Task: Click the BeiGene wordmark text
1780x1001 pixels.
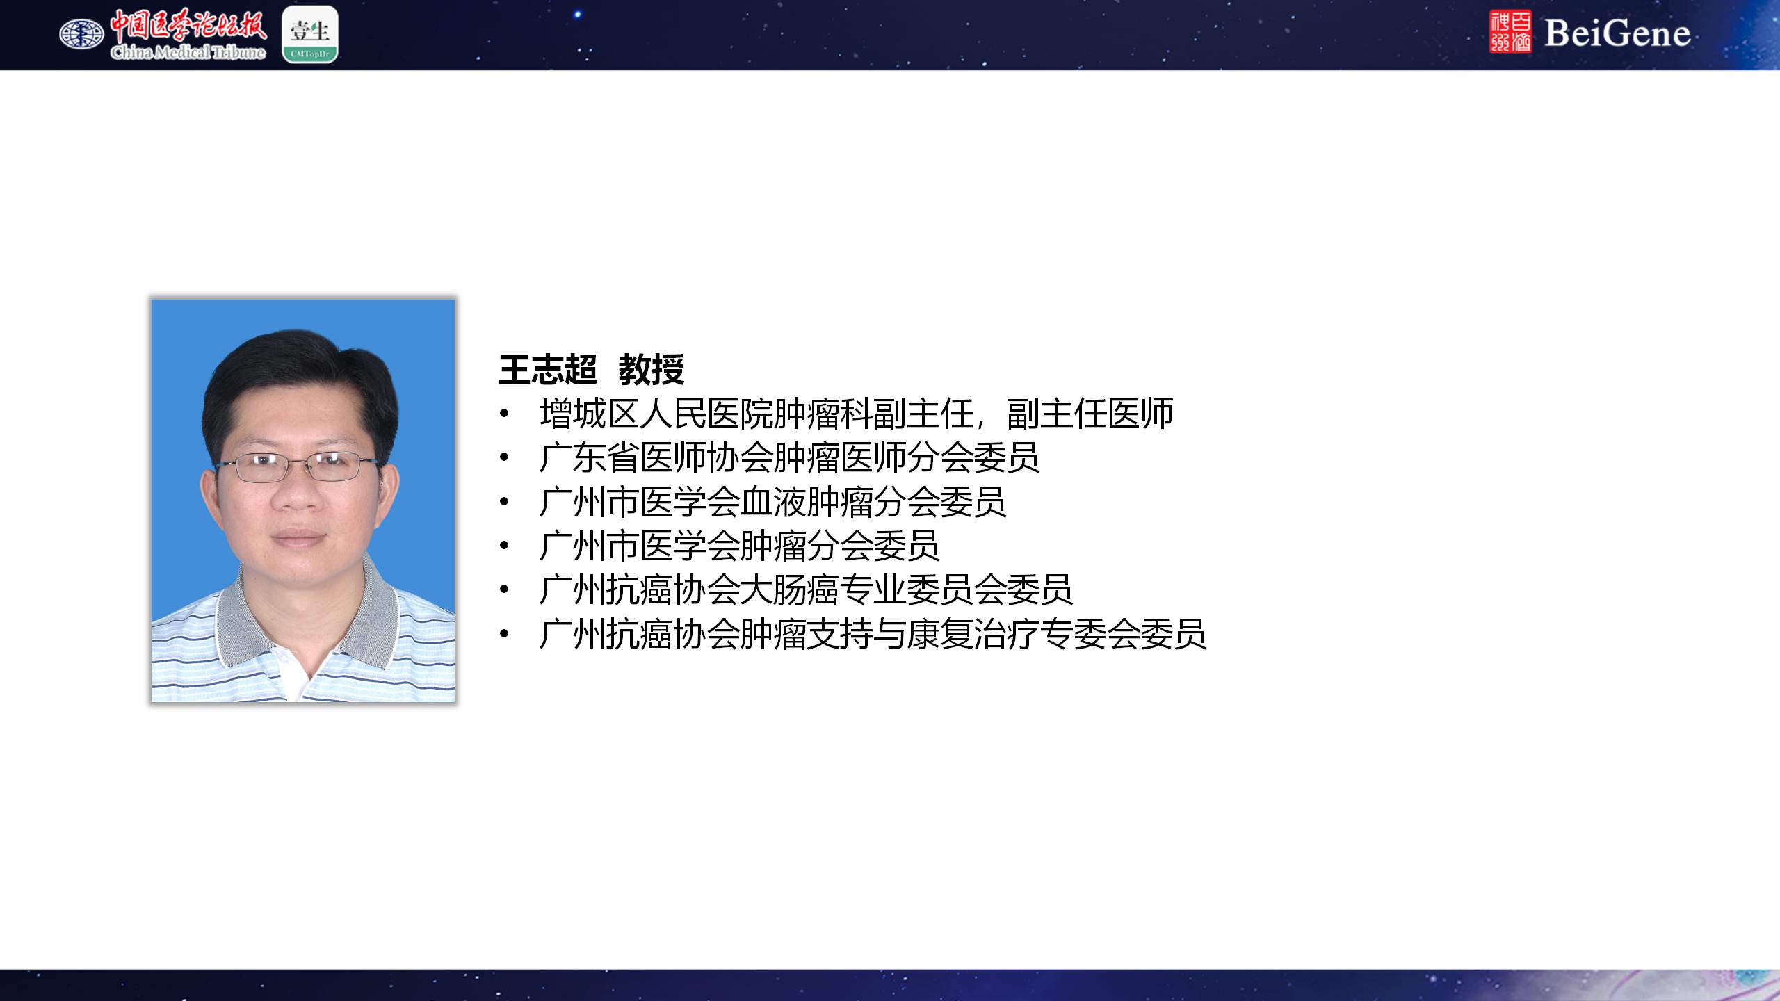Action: point(1617,33)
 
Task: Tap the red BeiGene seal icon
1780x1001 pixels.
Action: point(1510,32)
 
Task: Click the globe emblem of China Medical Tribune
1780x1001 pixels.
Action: point(81,34)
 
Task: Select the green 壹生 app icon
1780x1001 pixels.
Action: point(310,34)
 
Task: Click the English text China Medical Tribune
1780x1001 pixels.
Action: point(188,52)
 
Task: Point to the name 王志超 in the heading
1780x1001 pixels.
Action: point(548,369)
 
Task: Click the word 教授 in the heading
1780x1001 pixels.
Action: point(652,369)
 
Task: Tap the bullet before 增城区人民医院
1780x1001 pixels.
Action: point(504,415)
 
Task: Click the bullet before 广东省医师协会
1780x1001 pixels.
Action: point(504,459)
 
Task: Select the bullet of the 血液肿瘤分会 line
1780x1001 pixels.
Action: point(504,503)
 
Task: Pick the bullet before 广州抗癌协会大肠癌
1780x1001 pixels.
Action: point(504,591)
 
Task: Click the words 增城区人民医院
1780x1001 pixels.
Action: point(656,414)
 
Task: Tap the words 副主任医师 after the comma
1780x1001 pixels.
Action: point(1090,414)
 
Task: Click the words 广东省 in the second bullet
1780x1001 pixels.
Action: point(590,457)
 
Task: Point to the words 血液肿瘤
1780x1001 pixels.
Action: point(807,502)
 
